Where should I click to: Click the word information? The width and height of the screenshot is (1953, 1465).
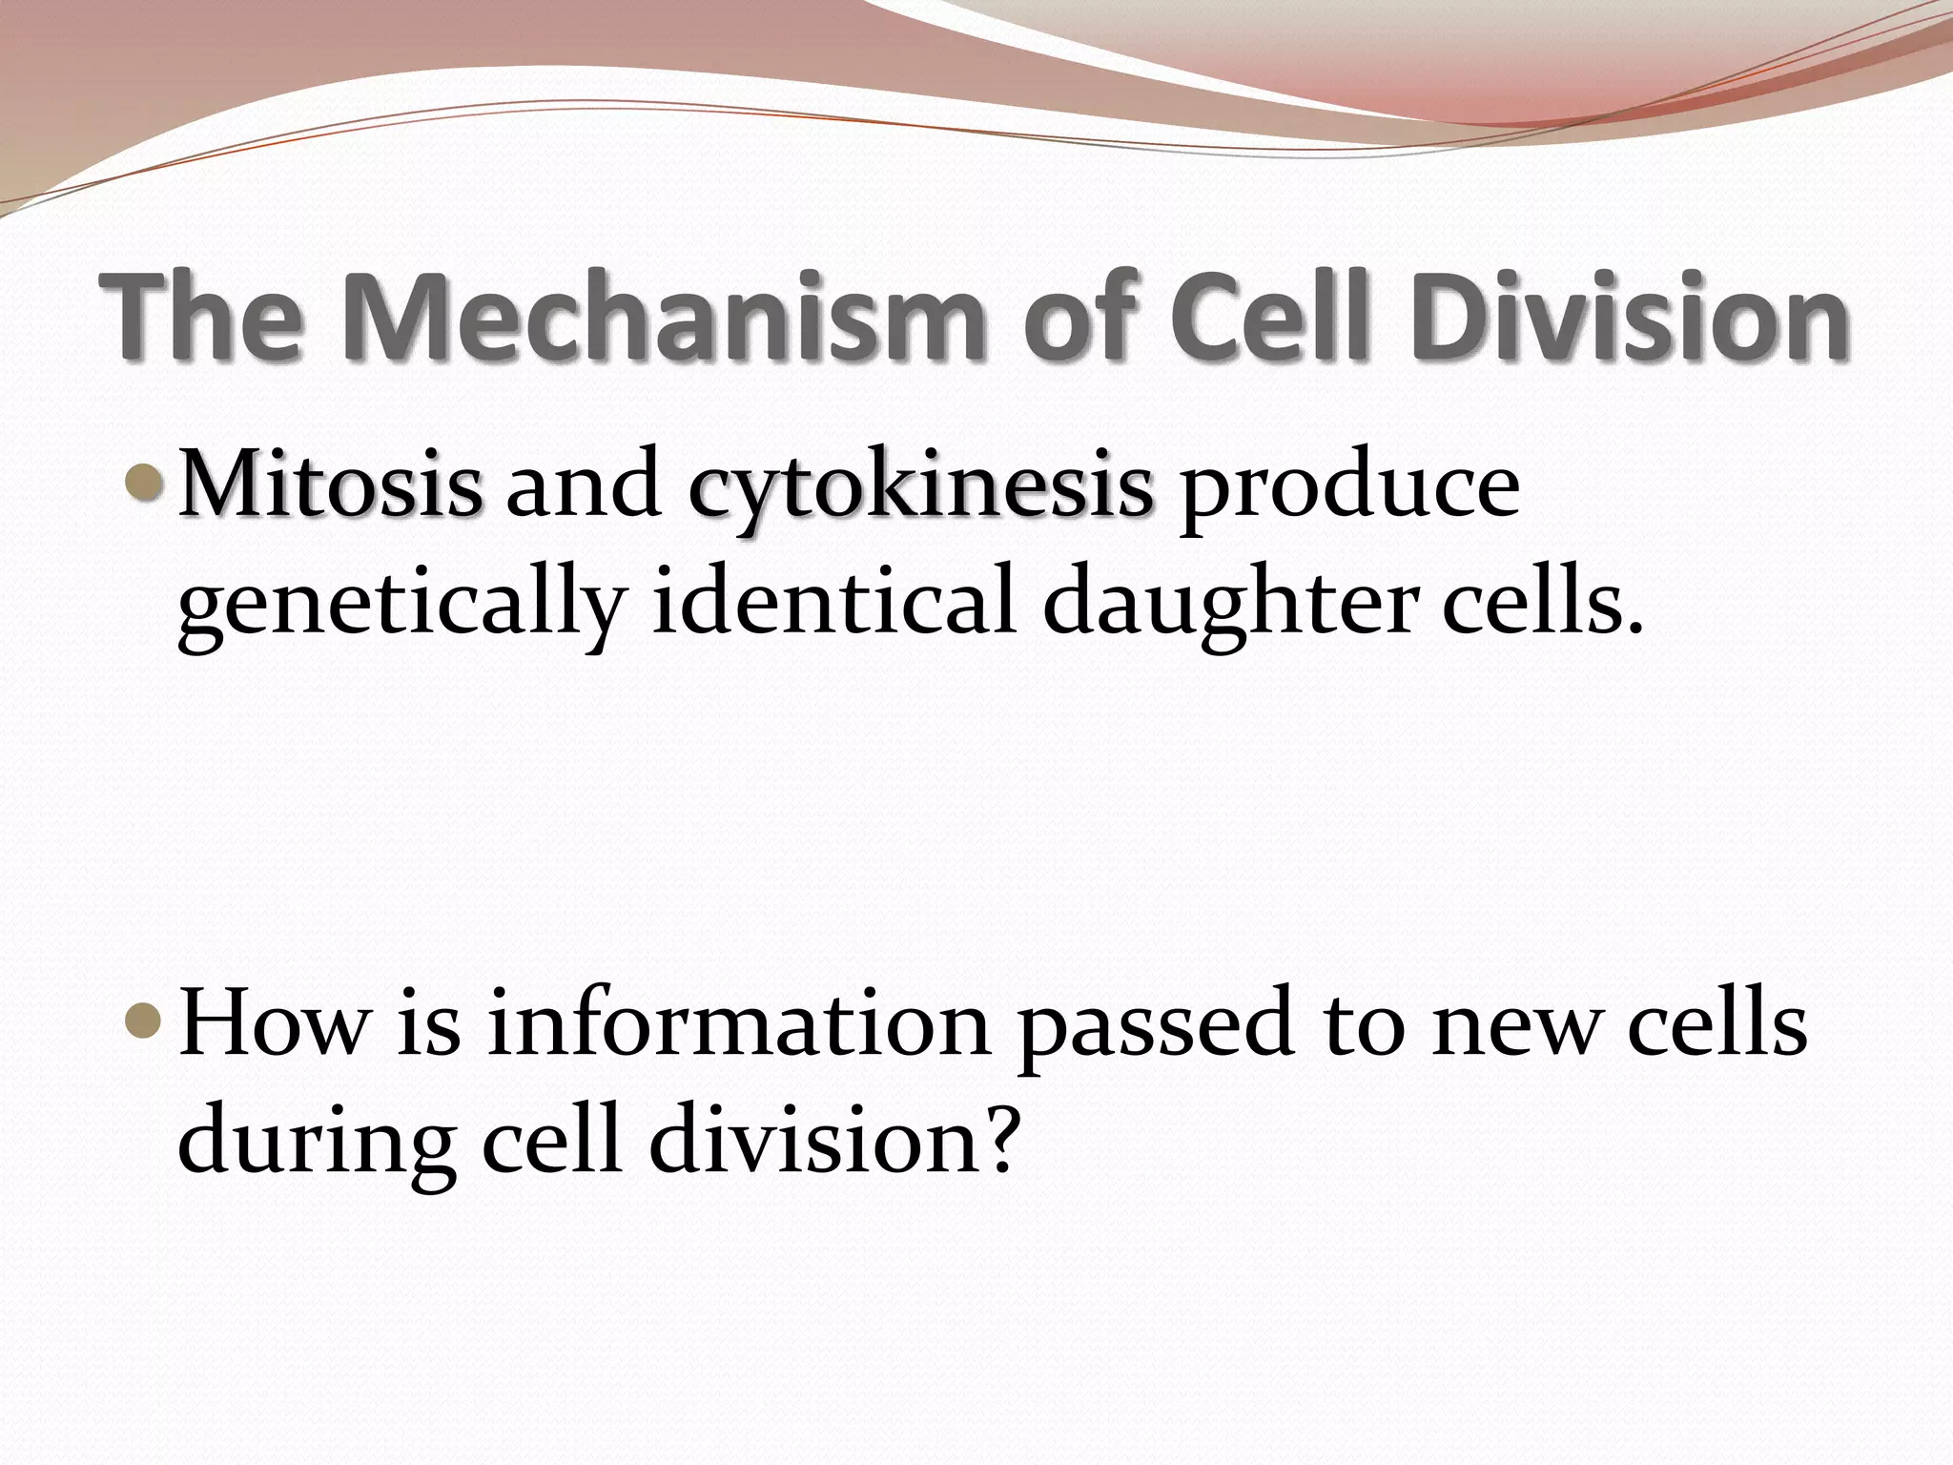(739, 1025)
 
